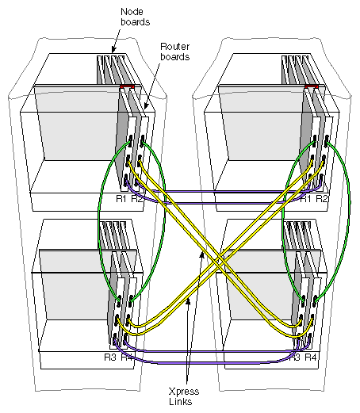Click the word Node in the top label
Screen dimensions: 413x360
click(132, 11)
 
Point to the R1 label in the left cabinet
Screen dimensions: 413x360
click(121, 198)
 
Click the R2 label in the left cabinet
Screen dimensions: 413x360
click(137, 198)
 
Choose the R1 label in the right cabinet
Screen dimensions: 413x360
click(304, 198)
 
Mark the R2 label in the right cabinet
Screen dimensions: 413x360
click(321, 198)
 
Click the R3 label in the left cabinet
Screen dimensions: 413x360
click(121, 358)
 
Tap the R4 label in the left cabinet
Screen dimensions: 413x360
click(137, 358)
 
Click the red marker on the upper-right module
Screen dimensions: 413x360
click(312, 85)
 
